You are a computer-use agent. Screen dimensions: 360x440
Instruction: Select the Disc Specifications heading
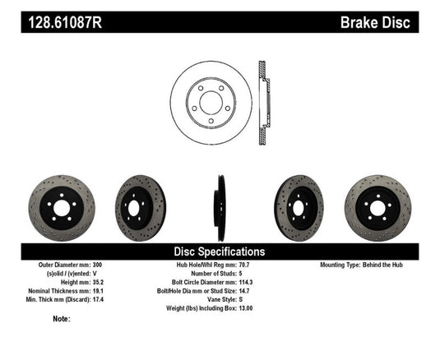point(219,251)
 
